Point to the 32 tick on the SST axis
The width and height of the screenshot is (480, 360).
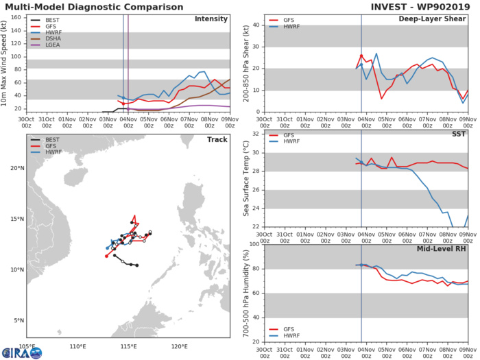[x=255, y=134]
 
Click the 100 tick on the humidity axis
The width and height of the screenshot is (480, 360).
[x=252, y=244]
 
